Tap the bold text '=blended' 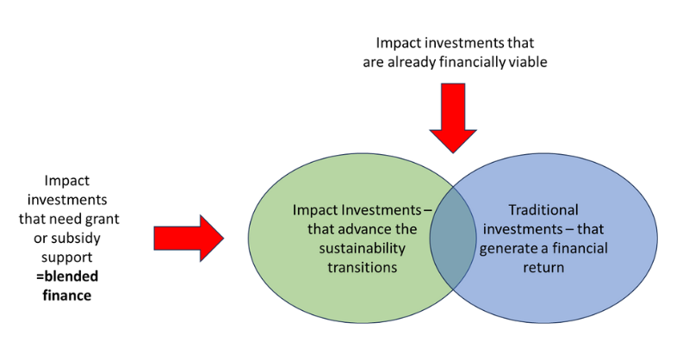coord(69,276)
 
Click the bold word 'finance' coord(69,295)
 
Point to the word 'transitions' coord(362,267)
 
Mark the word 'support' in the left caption coord(69,257)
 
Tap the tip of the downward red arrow coord(453,152)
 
